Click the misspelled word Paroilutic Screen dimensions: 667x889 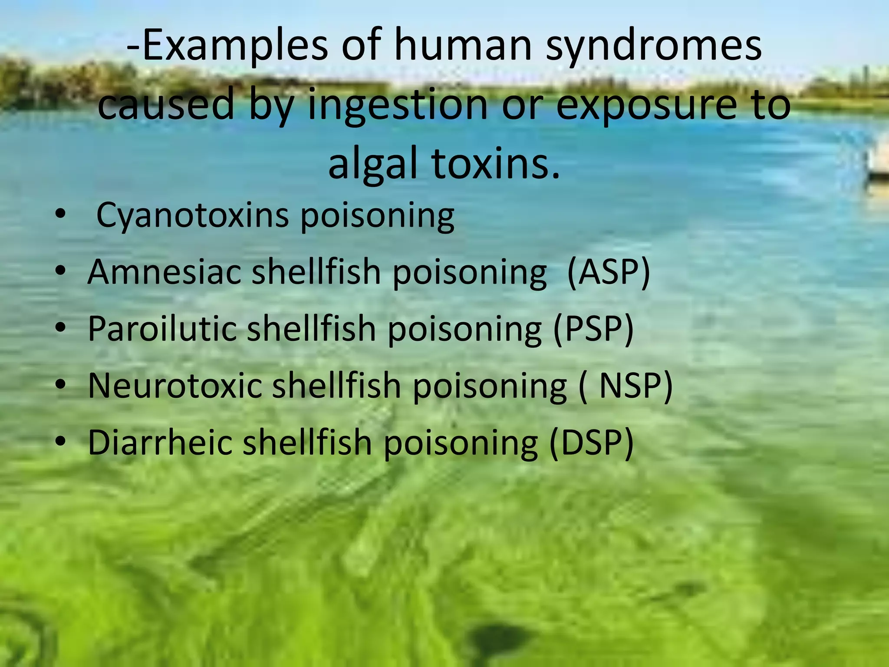[x=162, y=329]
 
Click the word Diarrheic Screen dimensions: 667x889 [x=160, y=442]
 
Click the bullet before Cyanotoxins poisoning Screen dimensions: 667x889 [x=60, y=214]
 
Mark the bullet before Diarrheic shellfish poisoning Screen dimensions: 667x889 [x=60, y=442]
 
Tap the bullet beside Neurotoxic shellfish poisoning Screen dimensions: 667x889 [x=60, y=385]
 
